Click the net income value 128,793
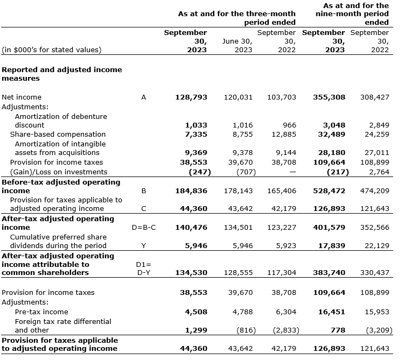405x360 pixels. tap(191, 97)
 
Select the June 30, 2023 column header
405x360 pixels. tap(237, 45)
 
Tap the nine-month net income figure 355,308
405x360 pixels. tap(329, 97)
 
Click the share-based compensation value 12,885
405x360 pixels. tap(282, 134)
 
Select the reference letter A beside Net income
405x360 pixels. tap(143, 97)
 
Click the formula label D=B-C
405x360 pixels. tap(144, 227)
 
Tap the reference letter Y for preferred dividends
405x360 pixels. tap(143, 245)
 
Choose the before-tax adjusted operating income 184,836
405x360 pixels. tap(191, 190)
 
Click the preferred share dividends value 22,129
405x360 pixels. tap(376, 245)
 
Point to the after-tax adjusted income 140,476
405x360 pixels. tap(191, 227)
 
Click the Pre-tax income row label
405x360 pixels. tap(41, 312)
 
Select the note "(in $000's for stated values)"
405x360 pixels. tap(51, 50)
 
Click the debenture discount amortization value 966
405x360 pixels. tap(289, 125)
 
